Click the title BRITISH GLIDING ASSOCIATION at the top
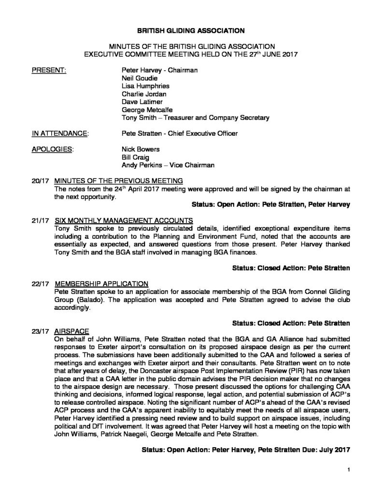[191, 30]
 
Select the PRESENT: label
[48, 70]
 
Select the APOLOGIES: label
[53, 149]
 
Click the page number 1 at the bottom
[348, 469]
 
